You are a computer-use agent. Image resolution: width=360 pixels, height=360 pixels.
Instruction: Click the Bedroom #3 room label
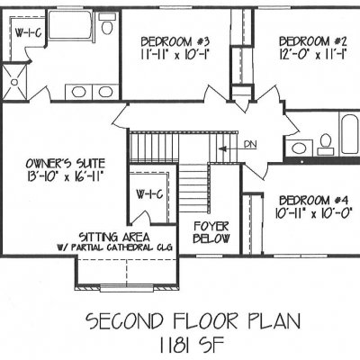tap(175, 41)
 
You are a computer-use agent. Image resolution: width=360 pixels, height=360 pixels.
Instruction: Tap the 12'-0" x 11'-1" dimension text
tap(313, 55)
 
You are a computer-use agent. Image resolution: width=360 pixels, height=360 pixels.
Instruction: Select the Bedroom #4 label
tap(313, 200)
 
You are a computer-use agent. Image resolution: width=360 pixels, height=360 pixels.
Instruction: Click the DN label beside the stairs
tap(250, 144)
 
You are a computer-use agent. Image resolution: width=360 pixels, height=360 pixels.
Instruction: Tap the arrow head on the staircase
tap(222, 148)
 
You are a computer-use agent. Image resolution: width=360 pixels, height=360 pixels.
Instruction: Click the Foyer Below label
tap(211, 232)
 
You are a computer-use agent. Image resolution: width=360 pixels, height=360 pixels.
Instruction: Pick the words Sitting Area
tap(114, 237)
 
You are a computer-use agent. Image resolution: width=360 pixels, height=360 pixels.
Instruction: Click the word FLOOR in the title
tap(209, 321)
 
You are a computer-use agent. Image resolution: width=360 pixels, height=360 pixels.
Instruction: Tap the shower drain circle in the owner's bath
tap(14, 82)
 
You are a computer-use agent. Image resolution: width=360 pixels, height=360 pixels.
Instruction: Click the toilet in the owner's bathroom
tap(106, 24)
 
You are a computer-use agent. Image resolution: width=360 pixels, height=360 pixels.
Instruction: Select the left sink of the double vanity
tap(79, 92)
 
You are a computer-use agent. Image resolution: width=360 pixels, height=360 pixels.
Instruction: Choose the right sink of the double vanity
tap(105, 92)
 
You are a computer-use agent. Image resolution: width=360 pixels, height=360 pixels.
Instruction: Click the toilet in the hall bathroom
tap(325, 144)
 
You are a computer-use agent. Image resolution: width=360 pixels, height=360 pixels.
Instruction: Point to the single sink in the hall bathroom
tap(299, 148)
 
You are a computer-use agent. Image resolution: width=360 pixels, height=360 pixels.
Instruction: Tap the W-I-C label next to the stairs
tap(150, 194)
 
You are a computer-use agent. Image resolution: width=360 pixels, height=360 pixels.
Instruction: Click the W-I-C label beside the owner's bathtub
tap(28, 33)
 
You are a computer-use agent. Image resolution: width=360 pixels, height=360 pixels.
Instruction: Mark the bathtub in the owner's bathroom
tap(71, 25)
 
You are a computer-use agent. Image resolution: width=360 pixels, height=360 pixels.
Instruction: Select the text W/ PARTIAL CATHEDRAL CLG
tap(114, 247)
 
